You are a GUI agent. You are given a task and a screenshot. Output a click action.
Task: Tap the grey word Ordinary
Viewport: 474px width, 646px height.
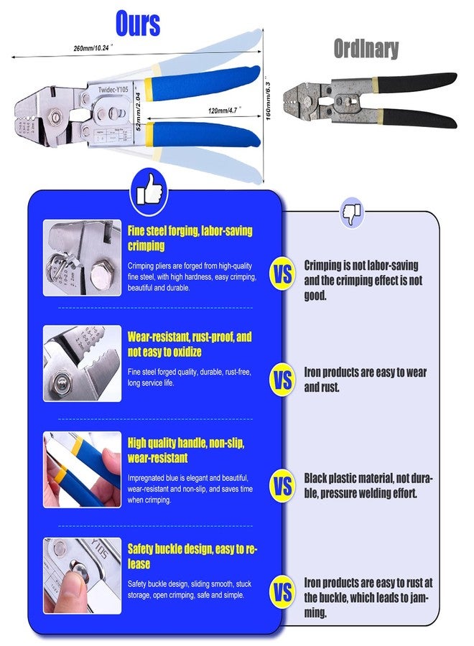tap(366, 49)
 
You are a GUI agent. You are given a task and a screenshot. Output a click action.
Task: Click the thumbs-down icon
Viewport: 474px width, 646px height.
tap(352, 212)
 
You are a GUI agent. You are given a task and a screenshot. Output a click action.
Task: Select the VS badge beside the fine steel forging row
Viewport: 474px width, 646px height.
tap(282, 273)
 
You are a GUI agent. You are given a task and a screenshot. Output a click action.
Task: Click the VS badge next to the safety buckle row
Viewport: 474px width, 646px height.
tap(282, 593)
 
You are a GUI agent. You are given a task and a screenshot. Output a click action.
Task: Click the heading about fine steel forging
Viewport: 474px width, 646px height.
tap(190, 238)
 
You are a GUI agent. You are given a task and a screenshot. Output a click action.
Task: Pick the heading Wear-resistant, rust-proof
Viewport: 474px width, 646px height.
tap(190, 344)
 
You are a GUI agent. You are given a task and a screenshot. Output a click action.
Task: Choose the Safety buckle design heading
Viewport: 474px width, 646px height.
tap(192, 556)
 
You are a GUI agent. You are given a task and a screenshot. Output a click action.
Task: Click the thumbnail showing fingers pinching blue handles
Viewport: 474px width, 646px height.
tap(82, 469)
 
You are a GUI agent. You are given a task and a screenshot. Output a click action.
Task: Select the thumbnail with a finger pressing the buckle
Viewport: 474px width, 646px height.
tap(82, 576)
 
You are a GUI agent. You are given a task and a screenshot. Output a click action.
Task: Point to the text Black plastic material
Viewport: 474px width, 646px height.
tap(368, 486)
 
